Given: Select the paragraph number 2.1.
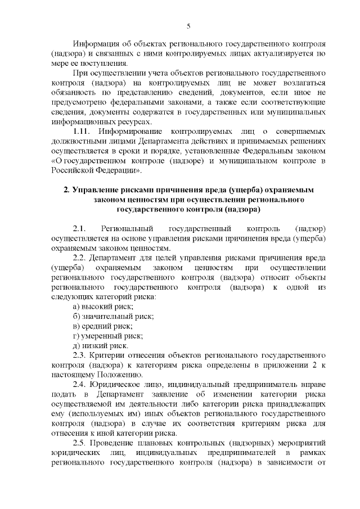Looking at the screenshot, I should [79, 229].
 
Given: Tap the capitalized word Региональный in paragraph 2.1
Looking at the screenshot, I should [125, 229].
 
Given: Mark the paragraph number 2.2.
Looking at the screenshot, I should [79, 258].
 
